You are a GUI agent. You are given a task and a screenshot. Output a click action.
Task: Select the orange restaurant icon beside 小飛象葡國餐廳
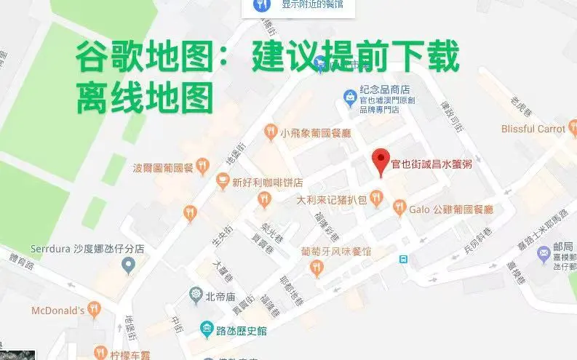271,132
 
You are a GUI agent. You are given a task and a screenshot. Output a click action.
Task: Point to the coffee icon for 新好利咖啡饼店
222,181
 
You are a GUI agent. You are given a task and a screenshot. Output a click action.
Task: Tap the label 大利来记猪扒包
331,199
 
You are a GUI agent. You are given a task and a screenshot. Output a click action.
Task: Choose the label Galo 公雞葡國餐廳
451,209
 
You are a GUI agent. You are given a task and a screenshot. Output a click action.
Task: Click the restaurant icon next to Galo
399,209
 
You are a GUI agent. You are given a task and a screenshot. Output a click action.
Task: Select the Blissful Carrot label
533,129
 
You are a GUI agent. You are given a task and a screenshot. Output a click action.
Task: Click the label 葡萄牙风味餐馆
336,252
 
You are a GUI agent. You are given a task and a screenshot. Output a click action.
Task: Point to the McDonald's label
57,311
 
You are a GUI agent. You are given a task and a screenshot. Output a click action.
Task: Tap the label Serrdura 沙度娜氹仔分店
87,248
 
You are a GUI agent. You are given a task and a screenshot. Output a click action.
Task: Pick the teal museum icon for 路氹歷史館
207,330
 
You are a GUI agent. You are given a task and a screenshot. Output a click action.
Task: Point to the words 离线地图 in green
145,97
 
